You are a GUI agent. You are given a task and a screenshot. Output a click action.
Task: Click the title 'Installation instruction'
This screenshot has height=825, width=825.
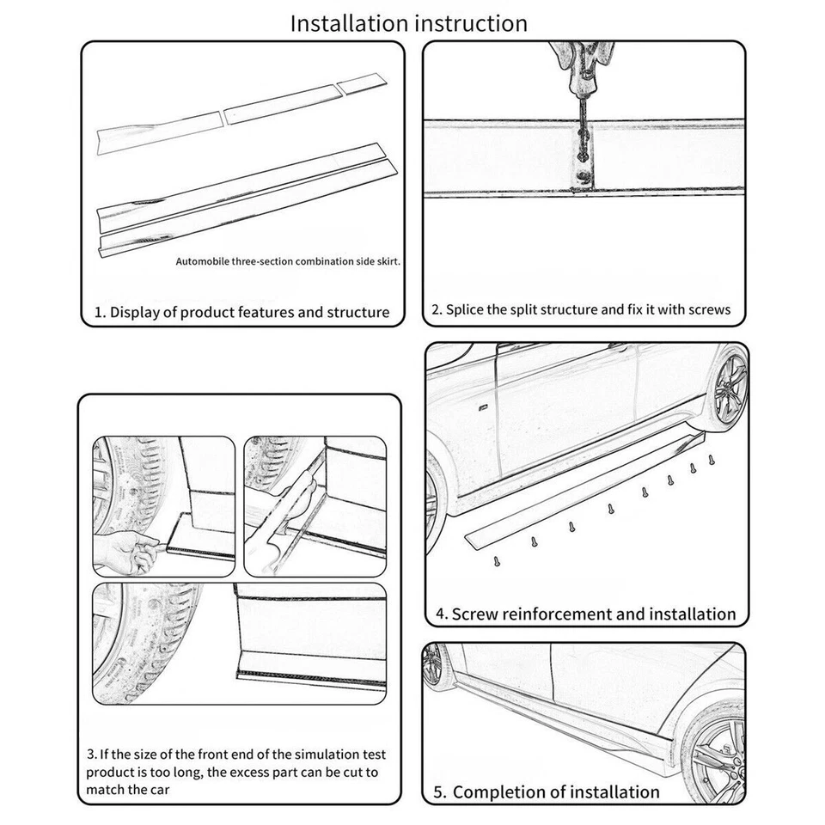pyautogui.click(x=408, y=23)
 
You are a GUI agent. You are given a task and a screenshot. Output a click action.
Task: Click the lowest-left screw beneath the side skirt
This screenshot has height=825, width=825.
pyautogui.click(x=496, y=560)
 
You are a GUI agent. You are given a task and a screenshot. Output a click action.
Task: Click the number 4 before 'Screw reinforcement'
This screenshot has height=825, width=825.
pyautogui.click(x=441, y=614)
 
